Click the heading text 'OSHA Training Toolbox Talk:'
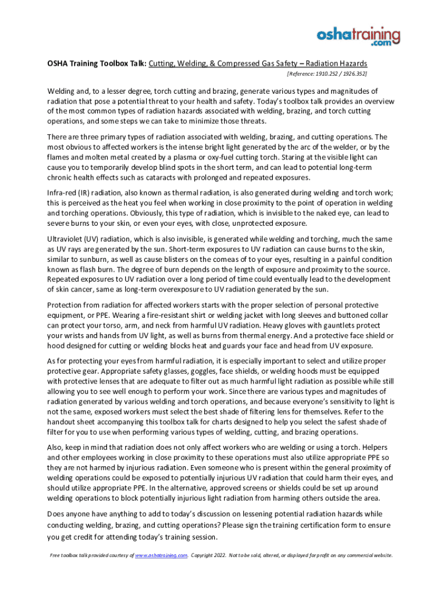[x=96, y=63]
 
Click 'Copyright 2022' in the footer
[x=211, y=555]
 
